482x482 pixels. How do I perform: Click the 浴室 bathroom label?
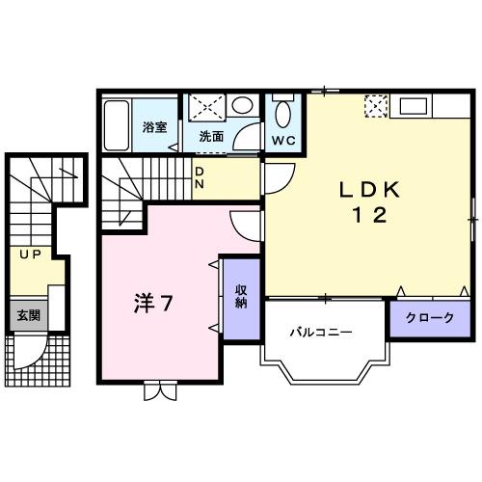click(154, 126)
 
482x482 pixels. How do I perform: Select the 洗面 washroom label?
click(211, 137)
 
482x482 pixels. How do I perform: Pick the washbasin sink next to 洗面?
click(244, 105)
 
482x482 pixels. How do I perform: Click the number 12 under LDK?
click(365, 215)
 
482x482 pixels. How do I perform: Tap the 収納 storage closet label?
click(241, 297)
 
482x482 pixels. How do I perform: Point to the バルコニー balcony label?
click(322, 332)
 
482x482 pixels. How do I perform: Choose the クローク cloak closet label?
click(428, 318)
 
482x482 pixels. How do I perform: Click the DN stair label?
click(200, 178)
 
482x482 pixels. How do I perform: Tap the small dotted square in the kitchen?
click(373, 105)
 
